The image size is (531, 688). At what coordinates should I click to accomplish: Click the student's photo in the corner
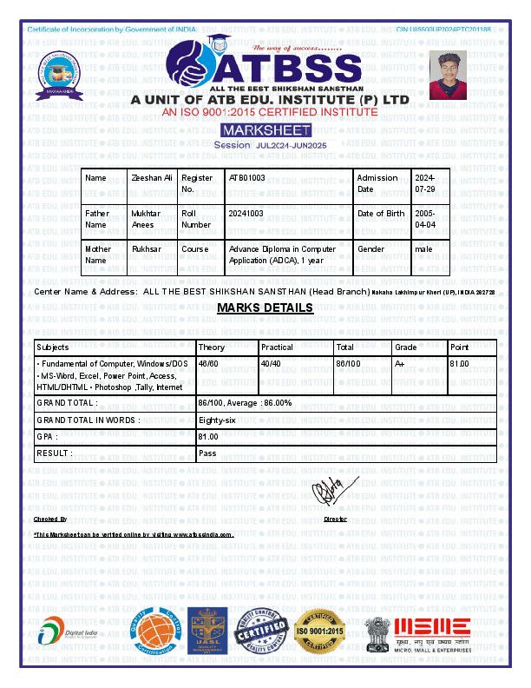coord(449,75)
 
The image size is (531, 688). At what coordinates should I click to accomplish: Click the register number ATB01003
coord(247,178)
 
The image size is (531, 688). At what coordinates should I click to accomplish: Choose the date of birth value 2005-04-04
coord(425,219)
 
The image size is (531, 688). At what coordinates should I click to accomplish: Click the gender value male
coord(423,249)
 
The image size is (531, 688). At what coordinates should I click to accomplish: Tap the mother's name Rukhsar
coord(147,249)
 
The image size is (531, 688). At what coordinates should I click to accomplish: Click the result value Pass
coord(207,453)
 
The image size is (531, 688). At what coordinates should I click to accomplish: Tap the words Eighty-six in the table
coord(215,420)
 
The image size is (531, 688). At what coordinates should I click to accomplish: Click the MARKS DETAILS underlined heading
coord(265,308)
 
